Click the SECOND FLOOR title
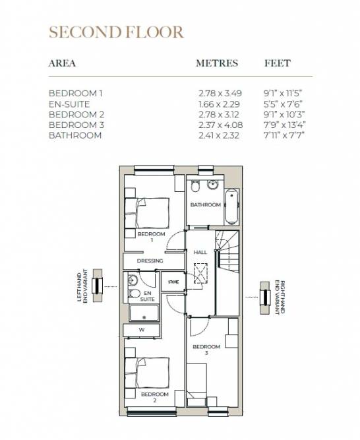click(x=116, y=32)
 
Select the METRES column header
click(x=217, y=63)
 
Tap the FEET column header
click(x=278, y=63)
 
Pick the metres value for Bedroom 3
click(x=221, y=125)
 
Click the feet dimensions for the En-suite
click(x=283, y=104)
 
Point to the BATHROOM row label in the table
click(x=75, y=135)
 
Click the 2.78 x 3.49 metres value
click(x=220, y=93)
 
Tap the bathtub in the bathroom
click(x=232, y=206)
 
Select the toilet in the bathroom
click(x=195, y=186)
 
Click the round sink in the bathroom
click(x=213, y=185)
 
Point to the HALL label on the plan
click(x=200, y=252)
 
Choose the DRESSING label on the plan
click(x=150, y=261)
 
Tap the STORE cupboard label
click(x=173, y=282)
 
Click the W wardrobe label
click(x=142, y=330)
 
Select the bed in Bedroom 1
click(x=147, y=212)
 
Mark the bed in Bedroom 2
click(x=147, y=373)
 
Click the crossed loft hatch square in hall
click(x=200, y=273)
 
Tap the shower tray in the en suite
click(x=144, y=313)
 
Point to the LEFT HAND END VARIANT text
click(x=82, y=286)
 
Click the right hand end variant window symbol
click(x=265, y=298)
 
